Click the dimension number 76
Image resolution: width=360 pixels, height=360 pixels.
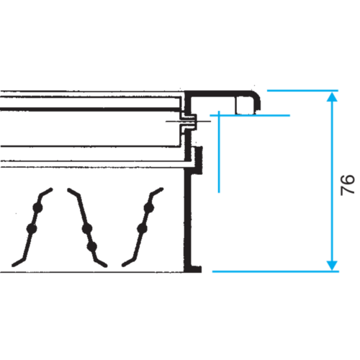coord(348,185)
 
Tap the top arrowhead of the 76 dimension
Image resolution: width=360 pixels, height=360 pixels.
coord(332,96)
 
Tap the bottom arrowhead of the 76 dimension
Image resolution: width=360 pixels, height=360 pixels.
coord(332,266)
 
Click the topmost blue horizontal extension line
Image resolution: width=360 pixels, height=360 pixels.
coord(302,91)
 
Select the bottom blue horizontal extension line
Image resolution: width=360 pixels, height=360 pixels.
coord(276,271)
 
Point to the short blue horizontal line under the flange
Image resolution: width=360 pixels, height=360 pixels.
coord(250,115)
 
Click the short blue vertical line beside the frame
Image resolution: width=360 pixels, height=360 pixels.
coord(219,152)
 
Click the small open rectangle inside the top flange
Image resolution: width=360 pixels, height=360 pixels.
coord(245,105)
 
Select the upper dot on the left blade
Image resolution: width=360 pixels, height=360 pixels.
coord(37,207)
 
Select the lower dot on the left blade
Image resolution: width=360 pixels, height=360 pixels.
coord(32,228)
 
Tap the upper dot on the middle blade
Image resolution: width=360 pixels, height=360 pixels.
coord(86,228)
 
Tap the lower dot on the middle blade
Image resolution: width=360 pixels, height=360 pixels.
coord(92,246)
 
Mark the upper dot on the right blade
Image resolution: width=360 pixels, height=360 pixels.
coord(149,208)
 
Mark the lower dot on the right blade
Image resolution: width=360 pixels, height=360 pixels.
coord(142,228)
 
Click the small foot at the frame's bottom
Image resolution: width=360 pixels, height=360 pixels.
coord(196,269)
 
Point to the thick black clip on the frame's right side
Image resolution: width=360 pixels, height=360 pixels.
coord(199,160)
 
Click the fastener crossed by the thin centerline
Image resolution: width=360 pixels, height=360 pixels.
coord(189,121)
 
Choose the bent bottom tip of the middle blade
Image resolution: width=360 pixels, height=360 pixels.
coord(100,263)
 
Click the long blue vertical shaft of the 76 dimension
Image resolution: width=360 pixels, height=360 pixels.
coord(332,181)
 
